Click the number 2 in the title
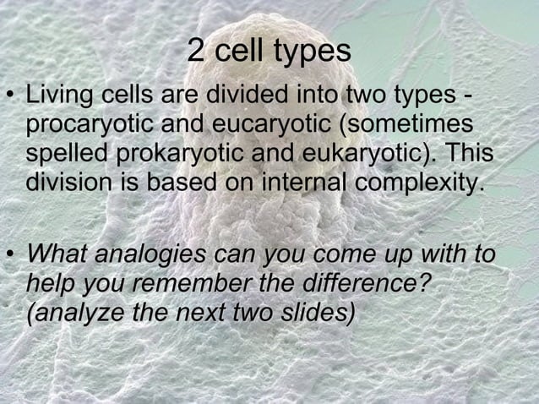tap(195, 52)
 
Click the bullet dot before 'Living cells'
tap(11, 96)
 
